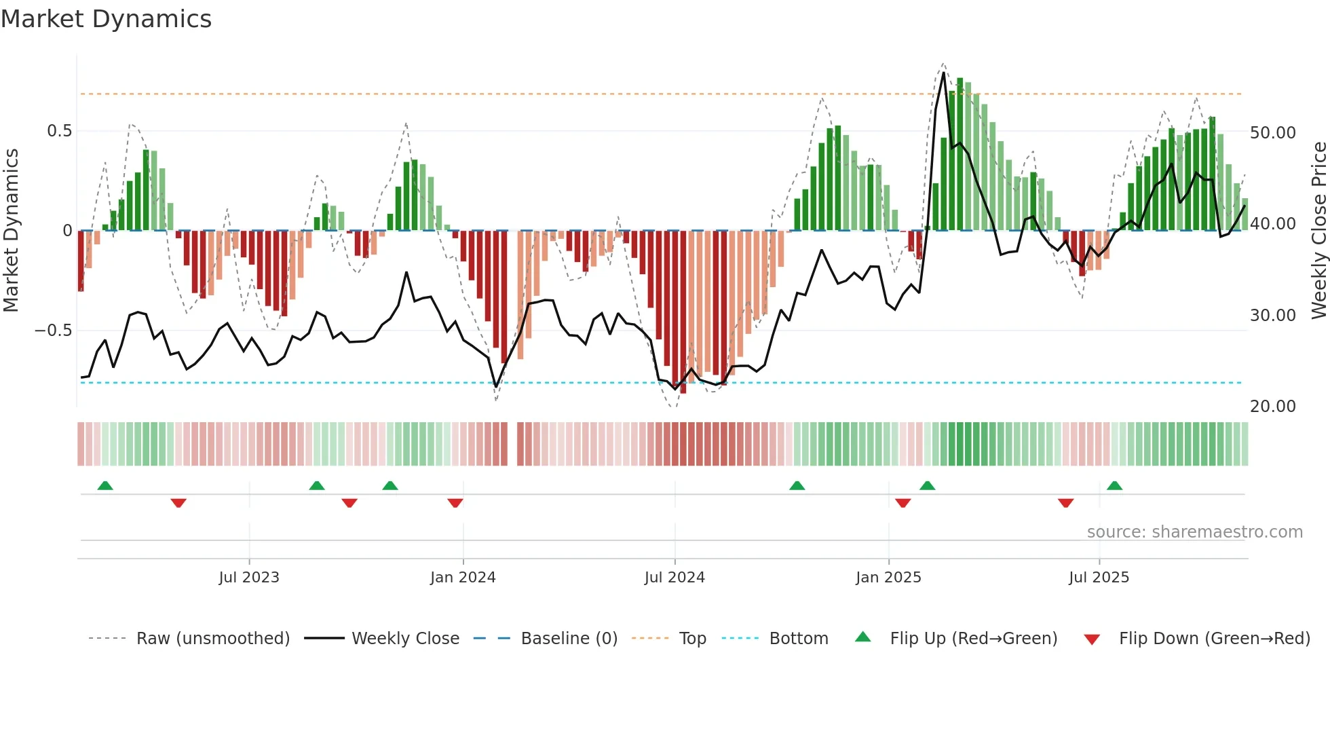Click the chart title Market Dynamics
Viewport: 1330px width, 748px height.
(106, 19)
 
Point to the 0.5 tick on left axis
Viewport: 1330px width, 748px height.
(59, 131)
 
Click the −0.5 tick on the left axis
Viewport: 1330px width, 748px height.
(53, 331)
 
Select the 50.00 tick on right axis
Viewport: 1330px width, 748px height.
(1272, 133)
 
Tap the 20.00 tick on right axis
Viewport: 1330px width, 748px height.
(1272, 407)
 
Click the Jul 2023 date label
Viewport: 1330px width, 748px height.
(249, 578)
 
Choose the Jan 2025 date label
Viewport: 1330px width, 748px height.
(888, 578)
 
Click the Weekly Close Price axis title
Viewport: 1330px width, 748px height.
(1318, 231)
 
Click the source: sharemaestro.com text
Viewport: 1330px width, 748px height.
(1194, 532)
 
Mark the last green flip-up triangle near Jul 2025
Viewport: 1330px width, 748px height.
(1114, 485)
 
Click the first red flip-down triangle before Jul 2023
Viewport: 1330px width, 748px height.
(178, 503)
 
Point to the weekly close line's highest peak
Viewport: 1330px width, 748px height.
(944, 73)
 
